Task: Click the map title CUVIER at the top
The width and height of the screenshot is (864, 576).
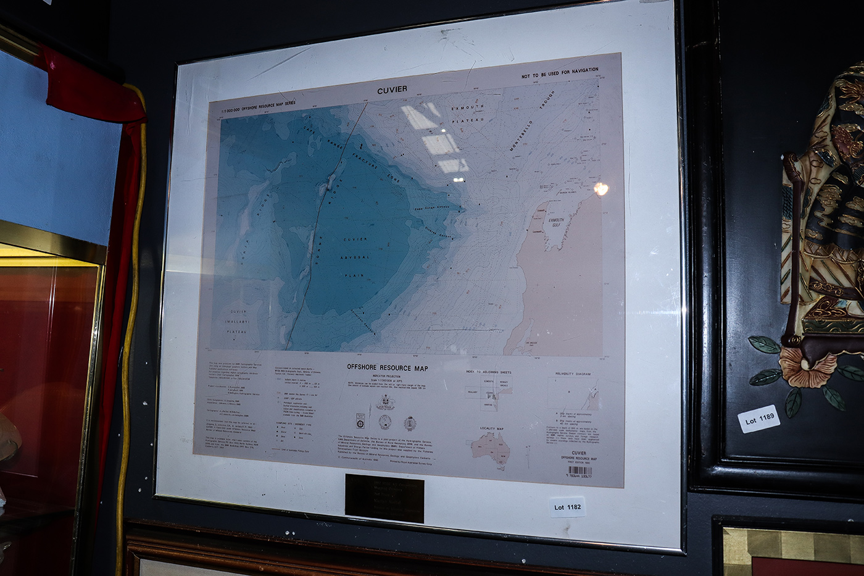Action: (x=392, y=90)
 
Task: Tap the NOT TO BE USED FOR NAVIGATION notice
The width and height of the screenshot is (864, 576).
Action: (x=559, y=73)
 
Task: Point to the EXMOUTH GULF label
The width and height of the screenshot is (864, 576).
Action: (x=556, y=222)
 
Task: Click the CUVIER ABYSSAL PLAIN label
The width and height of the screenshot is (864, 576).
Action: (x=355, y=257)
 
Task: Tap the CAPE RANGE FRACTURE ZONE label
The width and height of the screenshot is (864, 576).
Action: (x=352, y=152)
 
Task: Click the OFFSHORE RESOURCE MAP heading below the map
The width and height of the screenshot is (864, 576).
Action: (x=387, y=367)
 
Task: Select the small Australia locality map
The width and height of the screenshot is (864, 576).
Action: (x=491, y=447)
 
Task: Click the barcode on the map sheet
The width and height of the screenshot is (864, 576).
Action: (x=579, y=470)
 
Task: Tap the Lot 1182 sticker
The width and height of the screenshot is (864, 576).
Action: (x=567, y=507)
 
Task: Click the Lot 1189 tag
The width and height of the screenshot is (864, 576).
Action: (x=758, y=419)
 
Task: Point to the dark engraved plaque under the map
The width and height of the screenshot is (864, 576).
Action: (x=384, y=498)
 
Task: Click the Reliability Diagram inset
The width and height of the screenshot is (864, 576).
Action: (x=573, y=394)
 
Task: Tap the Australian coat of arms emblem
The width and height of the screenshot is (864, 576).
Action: (x=386, y=404)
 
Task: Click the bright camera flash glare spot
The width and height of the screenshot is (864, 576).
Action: (x=600, y=189)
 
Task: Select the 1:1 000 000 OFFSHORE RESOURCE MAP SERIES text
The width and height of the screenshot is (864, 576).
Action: (x=258, y=106)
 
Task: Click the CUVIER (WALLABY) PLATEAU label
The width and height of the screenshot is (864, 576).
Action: (x=238, y=322)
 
